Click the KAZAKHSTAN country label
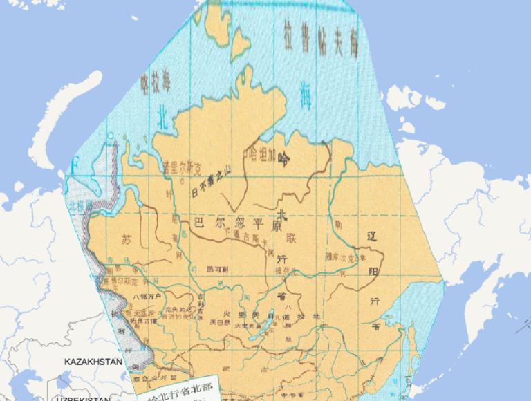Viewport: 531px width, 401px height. click(93, 362)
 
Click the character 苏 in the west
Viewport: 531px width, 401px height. click(126, 241)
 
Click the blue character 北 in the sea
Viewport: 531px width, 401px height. click(163, 112)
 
